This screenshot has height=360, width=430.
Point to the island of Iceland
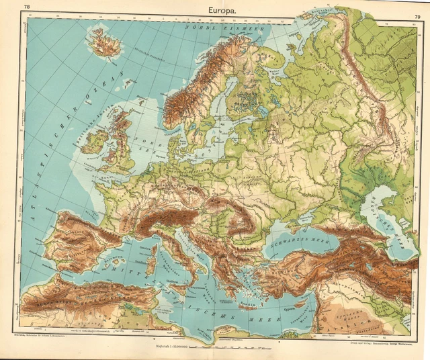(103, 45)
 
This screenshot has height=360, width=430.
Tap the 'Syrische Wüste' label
(349, 316)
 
